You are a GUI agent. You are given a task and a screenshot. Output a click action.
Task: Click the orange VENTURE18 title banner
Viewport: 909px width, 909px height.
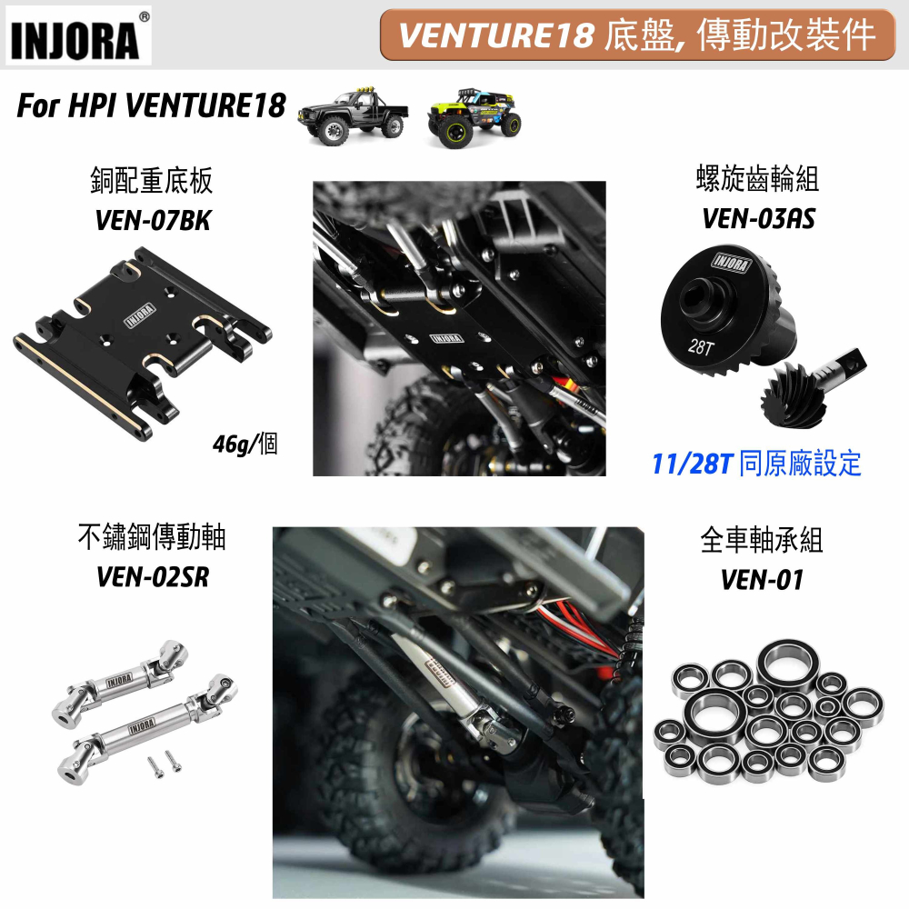coord(638,35)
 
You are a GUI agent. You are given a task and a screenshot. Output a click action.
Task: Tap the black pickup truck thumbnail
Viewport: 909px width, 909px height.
coord(353,117)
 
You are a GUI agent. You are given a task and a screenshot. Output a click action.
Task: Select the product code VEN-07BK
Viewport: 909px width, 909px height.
coord(153,221)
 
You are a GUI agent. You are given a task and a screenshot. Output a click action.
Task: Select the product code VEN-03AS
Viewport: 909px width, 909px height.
coord(758,219)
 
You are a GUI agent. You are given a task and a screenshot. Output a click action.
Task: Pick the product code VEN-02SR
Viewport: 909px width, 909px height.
coord(153,577)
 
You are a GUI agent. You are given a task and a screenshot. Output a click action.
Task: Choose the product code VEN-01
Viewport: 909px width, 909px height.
coord(762,580)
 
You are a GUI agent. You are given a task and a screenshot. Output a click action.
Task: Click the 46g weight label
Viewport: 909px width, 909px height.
coord(245,445)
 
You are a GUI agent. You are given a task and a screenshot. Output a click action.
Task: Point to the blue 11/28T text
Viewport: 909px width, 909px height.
coord(693,464)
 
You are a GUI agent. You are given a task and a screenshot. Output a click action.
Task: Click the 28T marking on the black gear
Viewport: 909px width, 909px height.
coord(700,346)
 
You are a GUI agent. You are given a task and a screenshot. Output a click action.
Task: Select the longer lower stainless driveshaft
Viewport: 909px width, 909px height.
coord(146,728)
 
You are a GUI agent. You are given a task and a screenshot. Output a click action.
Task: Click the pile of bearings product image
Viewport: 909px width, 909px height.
coord(768,710)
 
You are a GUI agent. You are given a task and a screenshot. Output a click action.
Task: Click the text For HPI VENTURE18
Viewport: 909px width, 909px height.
coord(151,105)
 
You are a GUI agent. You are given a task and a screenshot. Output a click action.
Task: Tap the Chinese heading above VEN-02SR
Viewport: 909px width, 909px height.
coord(152,536)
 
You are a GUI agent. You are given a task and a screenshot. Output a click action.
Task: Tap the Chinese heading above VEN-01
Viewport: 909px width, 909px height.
coord(762,540)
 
